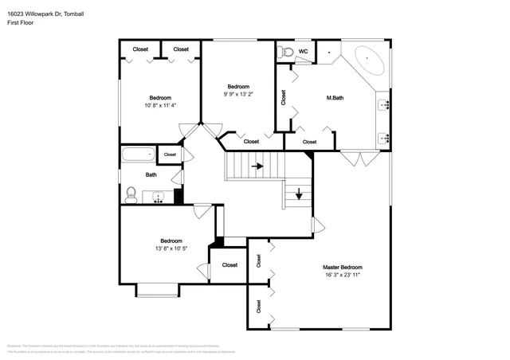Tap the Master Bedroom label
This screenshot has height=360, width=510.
[342, 267]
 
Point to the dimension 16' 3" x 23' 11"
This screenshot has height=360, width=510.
[342, 275]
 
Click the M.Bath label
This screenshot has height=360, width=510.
[335, 98]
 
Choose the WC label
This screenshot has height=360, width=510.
[303, 52]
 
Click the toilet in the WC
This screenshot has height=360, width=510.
[287, 53]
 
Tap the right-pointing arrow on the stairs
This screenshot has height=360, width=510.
[257, 166]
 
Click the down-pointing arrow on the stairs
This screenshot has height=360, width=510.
[299, 193]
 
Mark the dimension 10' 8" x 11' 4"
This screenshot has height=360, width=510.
[159, 105]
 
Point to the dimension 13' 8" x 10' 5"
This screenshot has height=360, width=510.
[171, 248]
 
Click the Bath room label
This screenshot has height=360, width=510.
[151, 174]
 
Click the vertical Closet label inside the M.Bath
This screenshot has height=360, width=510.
[284, 98]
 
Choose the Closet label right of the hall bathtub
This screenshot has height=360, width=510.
[170, 155]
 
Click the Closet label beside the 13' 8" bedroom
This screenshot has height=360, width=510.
[229, 265]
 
